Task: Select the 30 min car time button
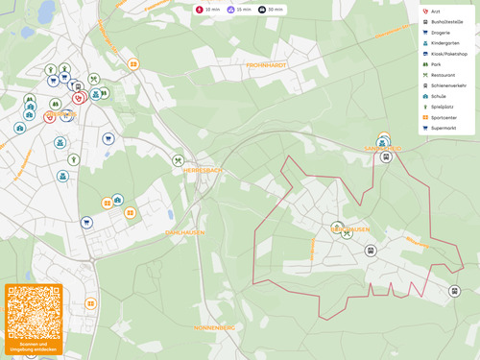pos(272,9)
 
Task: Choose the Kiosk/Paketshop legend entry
pos(447,54)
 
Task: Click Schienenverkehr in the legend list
pos(447,85)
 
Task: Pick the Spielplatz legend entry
pos(442,107)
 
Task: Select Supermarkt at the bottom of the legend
pos(444,128)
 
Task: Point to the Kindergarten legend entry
pos(445,43)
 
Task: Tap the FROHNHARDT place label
pos(266,64)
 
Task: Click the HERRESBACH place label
pos(203,170)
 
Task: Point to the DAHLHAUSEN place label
pos(186,232)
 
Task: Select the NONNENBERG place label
pos(214,327)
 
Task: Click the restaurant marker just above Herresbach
pos(178,160)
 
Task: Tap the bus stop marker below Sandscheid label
pos(386,156)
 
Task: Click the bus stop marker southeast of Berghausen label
pos(371,251)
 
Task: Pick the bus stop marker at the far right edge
pos(454,291)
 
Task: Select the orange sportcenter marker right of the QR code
pos(91,303)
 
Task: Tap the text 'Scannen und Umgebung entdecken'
pos(34,348)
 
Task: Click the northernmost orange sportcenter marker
pos(133,64)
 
